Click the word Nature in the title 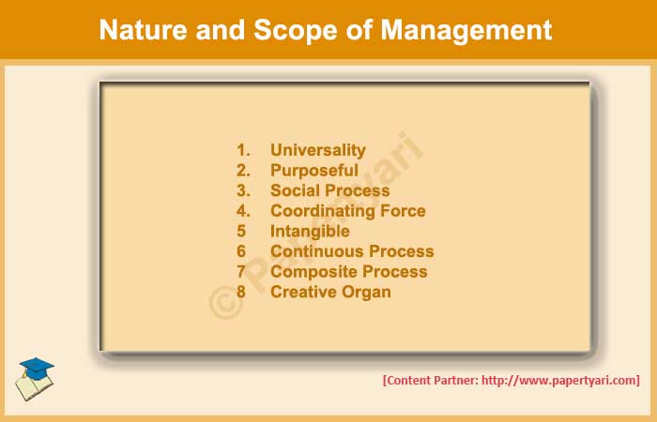click(x=140, y=30)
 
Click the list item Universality click(x=318, y=150)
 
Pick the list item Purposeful click(x=314, y=171)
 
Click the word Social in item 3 click(x=295, y=190)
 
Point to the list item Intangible click(x=310, y=231)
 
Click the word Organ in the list click(x=368, y=292)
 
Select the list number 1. click(x=243, y=150)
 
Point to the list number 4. click(x=243, y=211)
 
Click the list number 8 click(x=241, y=292)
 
